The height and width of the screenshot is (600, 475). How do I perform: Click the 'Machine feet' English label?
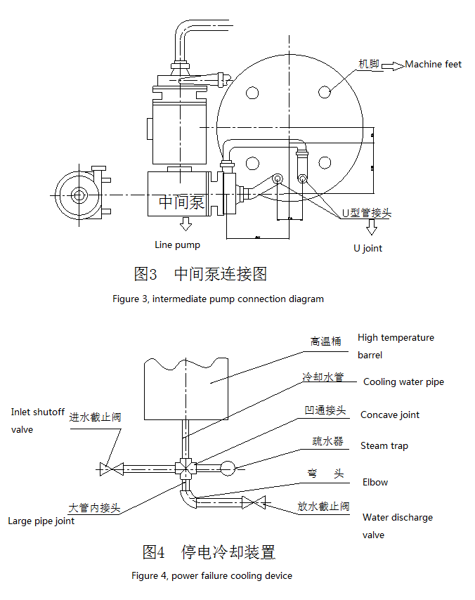pos(434,65)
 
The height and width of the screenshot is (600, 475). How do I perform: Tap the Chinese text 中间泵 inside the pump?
pos(181,203)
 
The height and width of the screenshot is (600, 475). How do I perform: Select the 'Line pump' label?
pos(178,245)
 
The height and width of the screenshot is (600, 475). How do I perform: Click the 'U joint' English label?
pos(368,248)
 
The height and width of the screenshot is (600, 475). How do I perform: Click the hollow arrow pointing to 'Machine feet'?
pos(393,65)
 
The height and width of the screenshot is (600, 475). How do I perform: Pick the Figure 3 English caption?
pos(218,299)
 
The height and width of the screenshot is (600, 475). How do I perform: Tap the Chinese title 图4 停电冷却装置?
pos(209,552)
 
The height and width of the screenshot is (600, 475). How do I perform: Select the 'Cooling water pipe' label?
pos(403,382)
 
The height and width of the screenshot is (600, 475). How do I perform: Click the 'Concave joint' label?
pos(390,415)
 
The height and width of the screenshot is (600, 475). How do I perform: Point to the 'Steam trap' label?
pos(384,445)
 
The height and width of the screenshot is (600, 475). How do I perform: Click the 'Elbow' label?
pos(375,482)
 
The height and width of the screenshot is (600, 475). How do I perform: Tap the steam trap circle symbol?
pos(228,467)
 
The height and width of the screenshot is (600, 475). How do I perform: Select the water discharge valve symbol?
pos(254,502)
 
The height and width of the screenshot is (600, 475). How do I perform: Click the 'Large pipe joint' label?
pos(41,521)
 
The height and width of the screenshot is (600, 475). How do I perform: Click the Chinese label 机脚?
pos(369,64)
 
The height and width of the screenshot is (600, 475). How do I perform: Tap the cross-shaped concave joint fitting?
pos(186,467)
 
